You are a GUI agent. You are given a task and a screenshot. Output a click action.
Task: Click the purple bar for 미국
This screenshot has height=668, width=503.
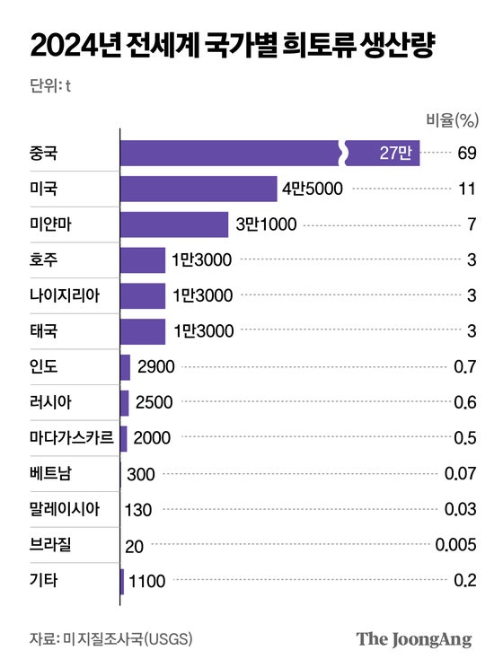(199, 189)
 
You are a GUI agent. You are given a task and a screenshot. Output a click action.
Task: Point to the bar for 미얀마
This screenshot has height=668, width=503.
(174, 224)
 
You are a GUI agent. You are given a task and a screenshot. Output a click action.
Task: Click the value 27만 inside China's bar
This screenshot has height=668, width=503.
(394, 154)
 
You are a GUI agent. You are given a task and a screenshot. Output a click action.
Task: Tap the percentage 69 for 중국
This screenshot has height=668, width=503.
(465, 154)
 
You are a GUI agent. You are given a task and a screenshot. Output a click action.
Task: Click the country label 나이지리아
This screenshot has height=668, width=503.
(66, 295)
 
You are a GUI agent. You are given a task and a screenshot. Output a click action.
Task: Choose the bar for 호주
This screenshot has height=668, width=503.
(143, 260)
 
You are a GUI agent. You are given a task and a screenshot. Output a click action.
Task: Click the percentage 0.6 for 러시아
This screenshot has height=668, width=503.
(464, 402)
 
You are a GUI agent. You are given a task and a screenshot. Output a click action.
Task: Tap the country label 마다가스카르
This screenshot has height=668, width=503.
(72, 438)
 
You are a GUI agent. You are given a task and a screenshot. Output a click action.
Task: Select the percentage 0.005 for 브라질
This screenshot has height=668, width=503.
(454, 544)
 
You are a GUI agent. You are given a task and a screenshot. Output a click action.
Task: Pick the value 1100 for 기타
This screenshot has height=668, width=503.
(147, 581)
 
